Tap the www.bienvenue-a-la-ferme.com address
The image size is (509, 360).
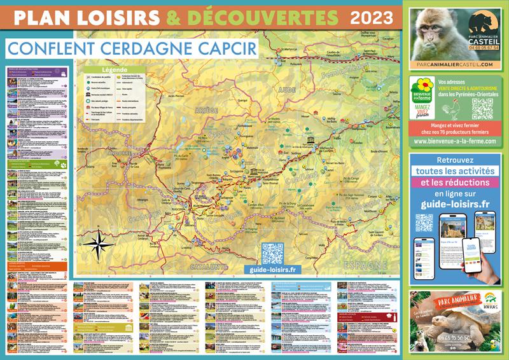pyautogui.click(x=454, y=142)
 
